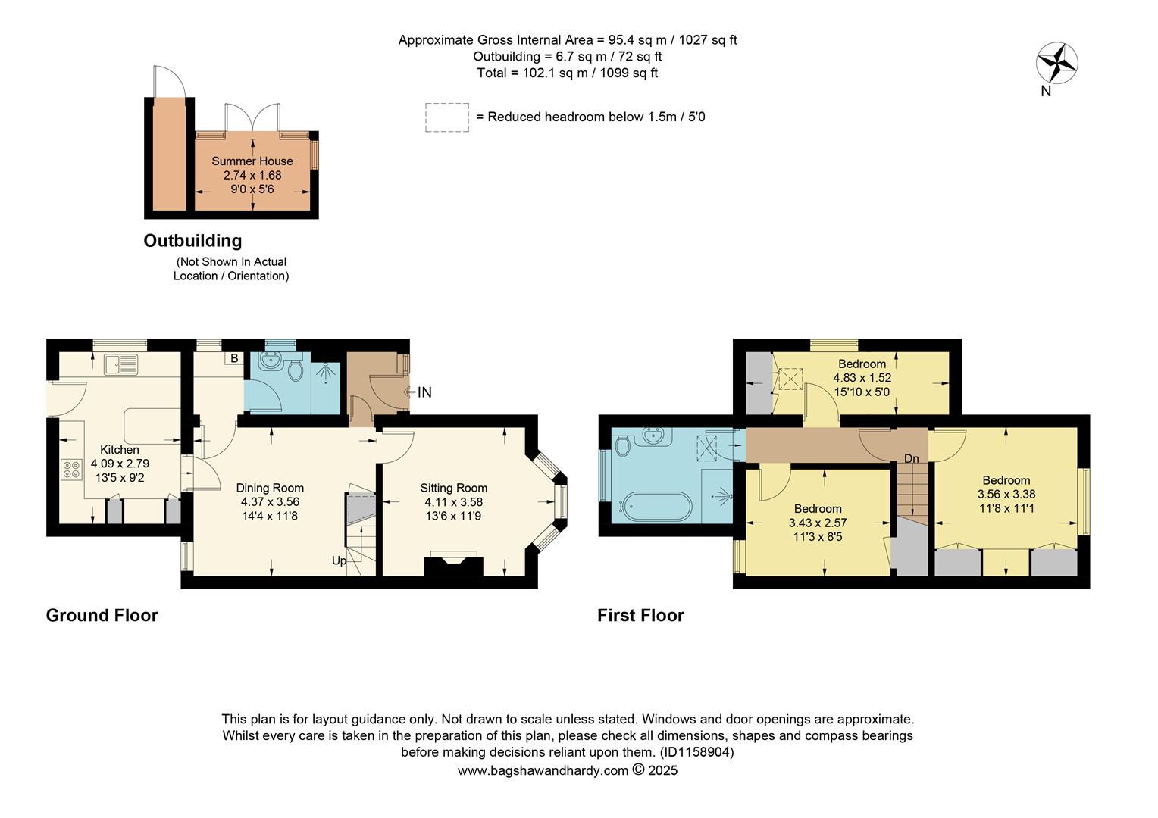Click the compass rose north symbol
point(1056,63)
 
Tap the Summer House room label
point(252,161)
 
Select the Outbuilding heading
point(192,241)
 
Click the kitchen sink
point(120,364)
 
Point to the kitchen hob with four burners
point(72,470)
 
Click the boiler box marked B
point(234,358)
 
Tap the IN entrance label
point(424,392)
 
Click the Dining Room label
point(270,488)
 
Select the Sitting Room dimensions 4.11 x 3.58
point(453,502)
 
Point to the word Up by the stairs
point(339,561)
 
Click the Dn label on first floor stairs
point(911,459)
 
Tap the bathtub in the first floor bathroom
point(656,504)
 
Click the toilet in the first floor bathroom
point(623,447)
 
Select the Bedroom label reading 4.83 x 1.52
point(862,378)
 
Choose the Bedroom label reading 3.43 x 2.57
point(818,523)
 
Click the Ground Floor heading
point(102,615)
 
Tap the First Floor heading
point(640,615)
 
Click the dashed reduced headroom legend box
point(446,117)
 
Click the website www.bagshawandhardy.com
point(543,770)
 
